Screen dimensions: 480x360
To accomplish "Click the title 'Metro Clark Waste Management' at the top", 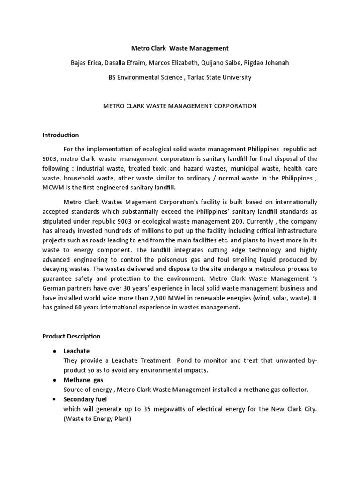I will pyautogui.click(x=180, y=48).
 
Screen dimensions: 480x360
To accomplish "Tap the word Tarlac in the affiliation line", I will pyautogui.click(x=206, y=77).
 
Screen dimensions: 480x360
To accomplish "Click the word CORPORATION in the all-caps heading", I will pyautogui.click(x=233, y=106).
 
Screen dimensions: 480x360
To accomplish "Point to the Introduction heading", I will pyautogui.click(x=60, y=135).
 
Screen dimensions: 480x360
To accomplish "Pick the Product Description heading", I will pyautogui.click(x=71, y=336).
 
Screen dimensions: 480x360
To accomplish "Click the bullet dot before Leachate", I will pyautogui.click(x=55, y=351).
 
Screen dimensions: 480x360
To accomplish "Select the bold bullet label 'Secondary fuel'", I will pyautogui.click(x=85, y=399).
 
